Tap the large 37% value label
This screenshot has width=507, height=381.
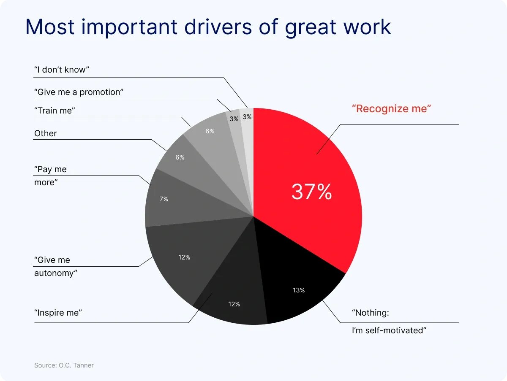pyautogui.click(x=311, y=192)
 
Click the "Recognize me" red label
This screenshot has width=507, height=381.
pyautogui.click(x=391, y=108)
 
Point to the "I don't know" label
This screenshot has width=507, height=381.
pyautogui.click(x=62, y=70)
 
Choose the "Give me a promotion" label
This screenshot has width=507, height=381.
pyautogui.click(x=79, y=92)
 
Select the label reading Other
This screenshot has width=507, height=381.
pyautogui.click(x=45, y=133)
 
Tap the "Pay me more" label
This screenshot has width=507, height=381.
pyautogui.click(x=50, y=176)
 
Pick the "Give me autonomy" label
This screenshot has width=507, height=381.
pyautogui.click(x=56, y=267)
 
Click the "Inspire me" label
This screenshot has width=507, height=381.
pyautogui.click(x=58, y=313)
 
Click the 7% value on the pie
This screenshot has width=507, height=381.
pyautogui.click(x=164, y=199)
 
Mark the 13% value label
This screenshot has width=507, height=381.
pyautogui.click(x=299, y=290)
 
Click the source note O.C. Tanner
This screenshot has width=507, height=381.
pyautogui.click(x=64, y=365)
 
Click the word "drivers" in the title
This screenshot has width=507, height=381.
pyautogui.click(x=206, y=27)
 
